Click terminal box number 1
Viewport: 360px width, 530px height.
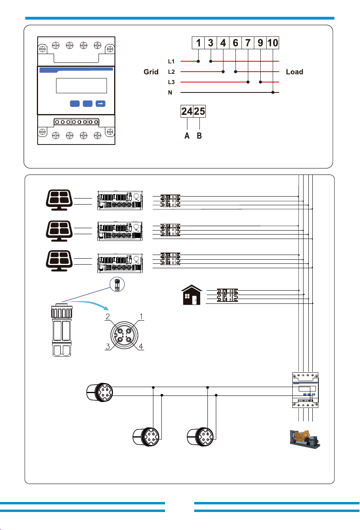point(198,43)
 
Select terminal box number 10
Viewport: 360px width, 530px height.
point(273,43)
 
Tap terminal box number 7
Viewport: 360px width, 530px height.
point(248,43)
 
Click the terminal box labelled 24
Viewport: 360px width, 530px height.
point(187,111)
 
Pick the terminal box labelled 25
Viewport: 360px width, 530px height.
point(199,111)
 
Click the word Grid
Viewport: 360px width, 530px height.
point(151,72)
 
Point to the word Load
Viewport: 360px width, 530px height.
point(294,72)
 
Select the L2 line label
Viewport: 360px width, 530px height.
point(171,72)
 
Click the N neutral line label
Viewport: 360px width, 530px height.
point(170,92)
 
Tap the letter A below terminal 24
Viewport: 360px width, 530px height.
point(187,136)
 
